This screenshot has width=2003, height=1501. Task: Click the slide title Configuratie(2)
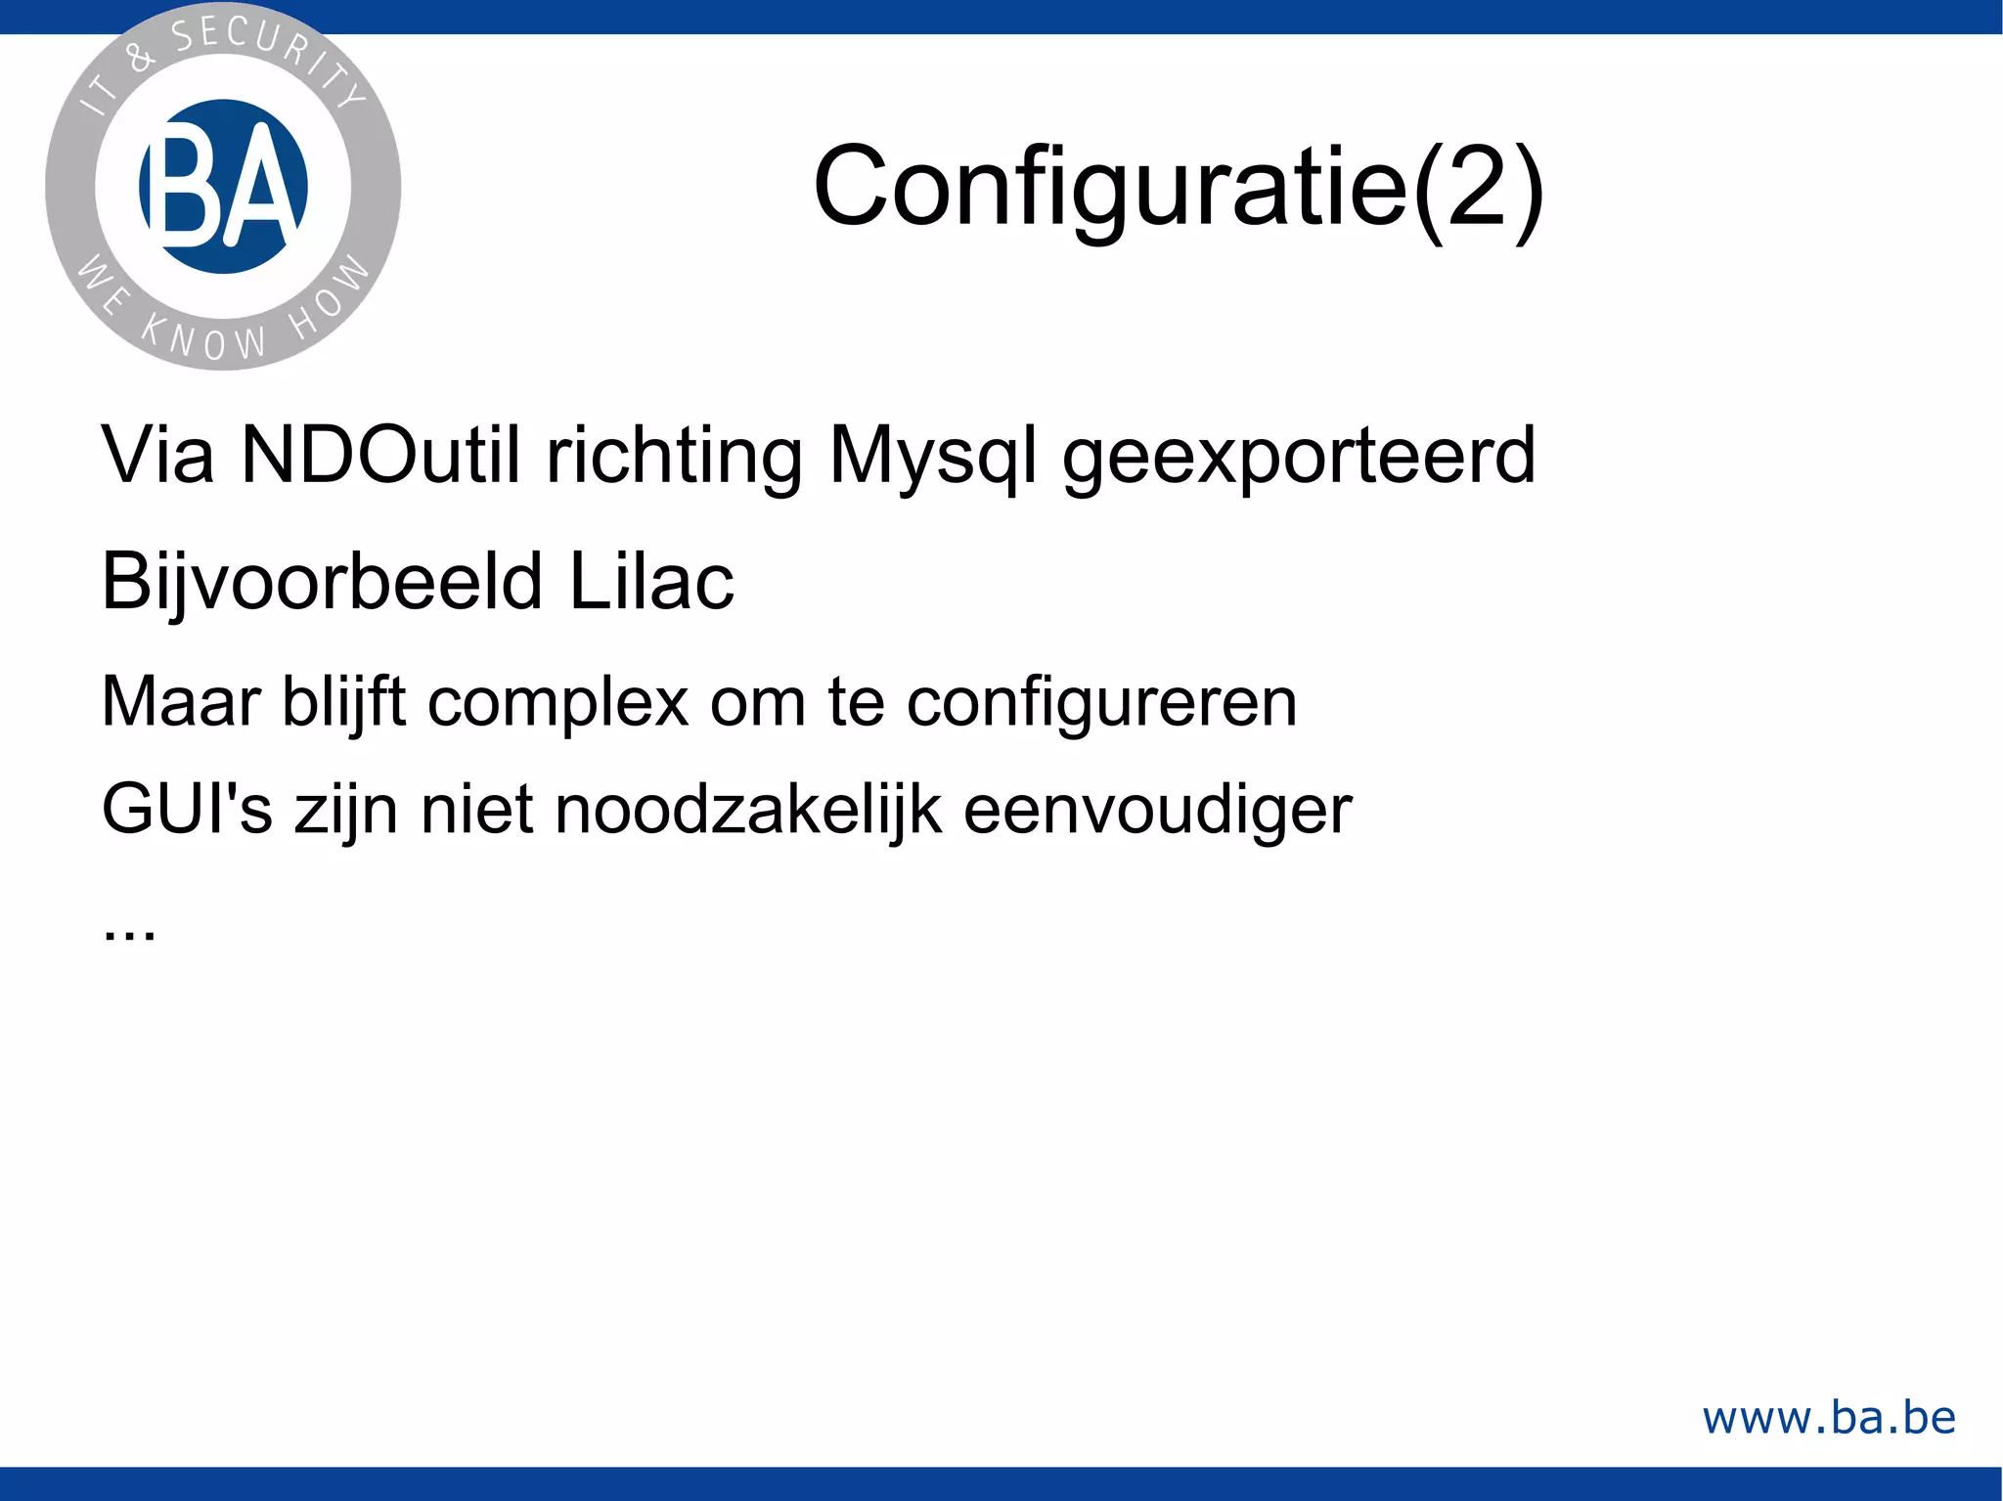pos(1179,186)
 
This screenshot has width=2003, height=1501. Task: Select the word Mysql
pos(932,457)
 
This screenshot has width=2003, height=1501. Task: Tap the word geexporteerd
pos(1299,457)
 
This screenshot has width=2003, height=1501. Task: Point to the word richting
pos(674,457)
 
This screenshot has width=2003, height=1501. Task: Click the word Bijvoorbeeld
pos(322,583)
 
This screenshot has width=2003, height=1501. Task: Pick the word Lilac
pos(651,581)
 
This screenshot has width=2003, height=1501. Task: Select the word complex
pos(557,702)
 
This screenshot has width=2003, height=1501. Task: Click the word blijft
pos(343,702)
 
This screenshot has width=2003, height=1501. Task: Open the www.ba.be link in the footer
pos(1829,1418)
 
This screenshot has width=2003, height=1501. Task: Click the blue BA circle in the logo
pos(224,186)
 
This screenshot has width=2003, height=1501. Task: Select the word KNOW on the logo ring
pos(203,338)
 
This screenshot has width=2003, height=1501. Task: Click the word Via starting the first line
pos(157,455)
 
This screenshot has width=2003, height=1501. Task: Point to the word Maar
pos(181,702)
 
